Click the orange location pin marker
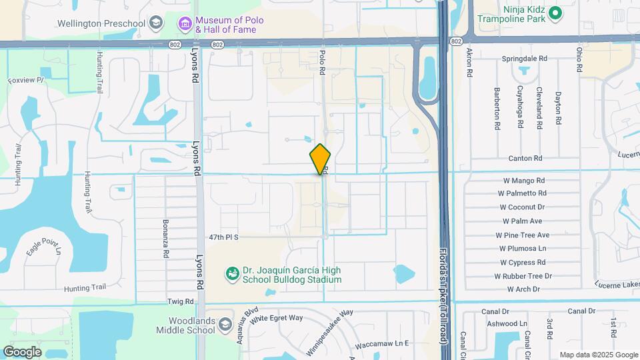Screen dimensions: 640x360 pos(321,159)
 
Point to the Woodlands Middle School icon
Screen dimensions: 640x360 pos(225,325)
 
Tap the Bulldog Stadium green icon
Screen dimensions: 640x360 pos(233,274)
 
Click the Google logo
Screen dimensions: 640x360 pos(23,352)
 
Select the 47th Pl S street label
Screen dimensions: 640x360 pos(223,237)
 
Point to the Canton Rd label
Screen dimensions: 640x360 pos(525,159)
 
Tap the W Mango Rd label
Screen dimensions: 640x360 pos(523,181)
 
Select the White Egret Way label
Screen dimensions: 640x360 pos(276,318)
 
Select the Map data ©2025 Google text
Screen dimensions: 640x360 pos(598,355)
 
